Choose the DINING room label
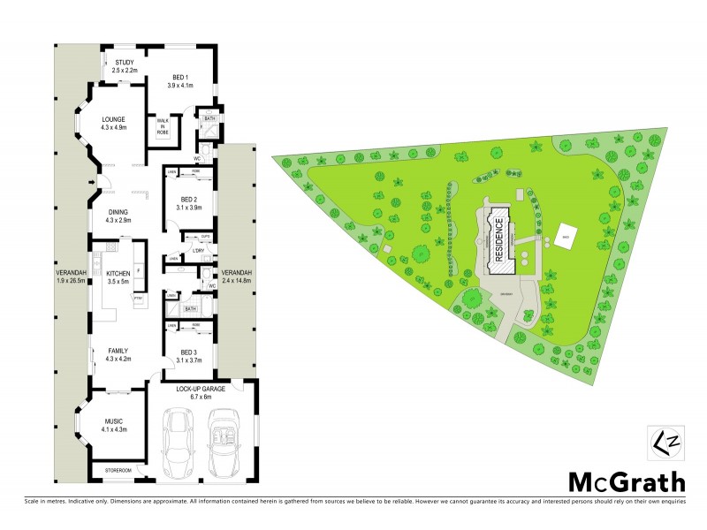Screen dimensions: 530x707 point(118,211)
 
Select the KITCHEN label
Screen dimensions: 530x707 point(118,274)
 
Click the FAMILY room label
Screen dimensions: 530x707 point(118,351)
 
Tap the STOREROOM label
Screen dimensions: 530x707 point(118,470)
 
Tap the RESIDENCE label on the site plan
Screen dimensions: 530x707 point(498,238)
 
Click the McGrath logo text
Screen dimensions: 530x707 point(625,482)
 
